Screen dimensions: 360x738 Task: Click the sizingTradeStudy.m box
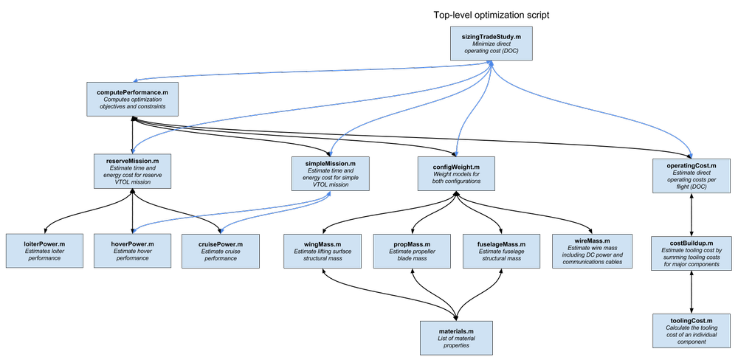492,44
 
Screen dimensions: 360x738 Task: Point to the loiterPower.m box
44,251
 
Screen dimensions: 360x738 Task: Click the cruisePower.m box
220,251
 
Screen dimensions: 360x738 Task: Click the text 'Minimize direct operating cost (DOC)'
492,48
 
